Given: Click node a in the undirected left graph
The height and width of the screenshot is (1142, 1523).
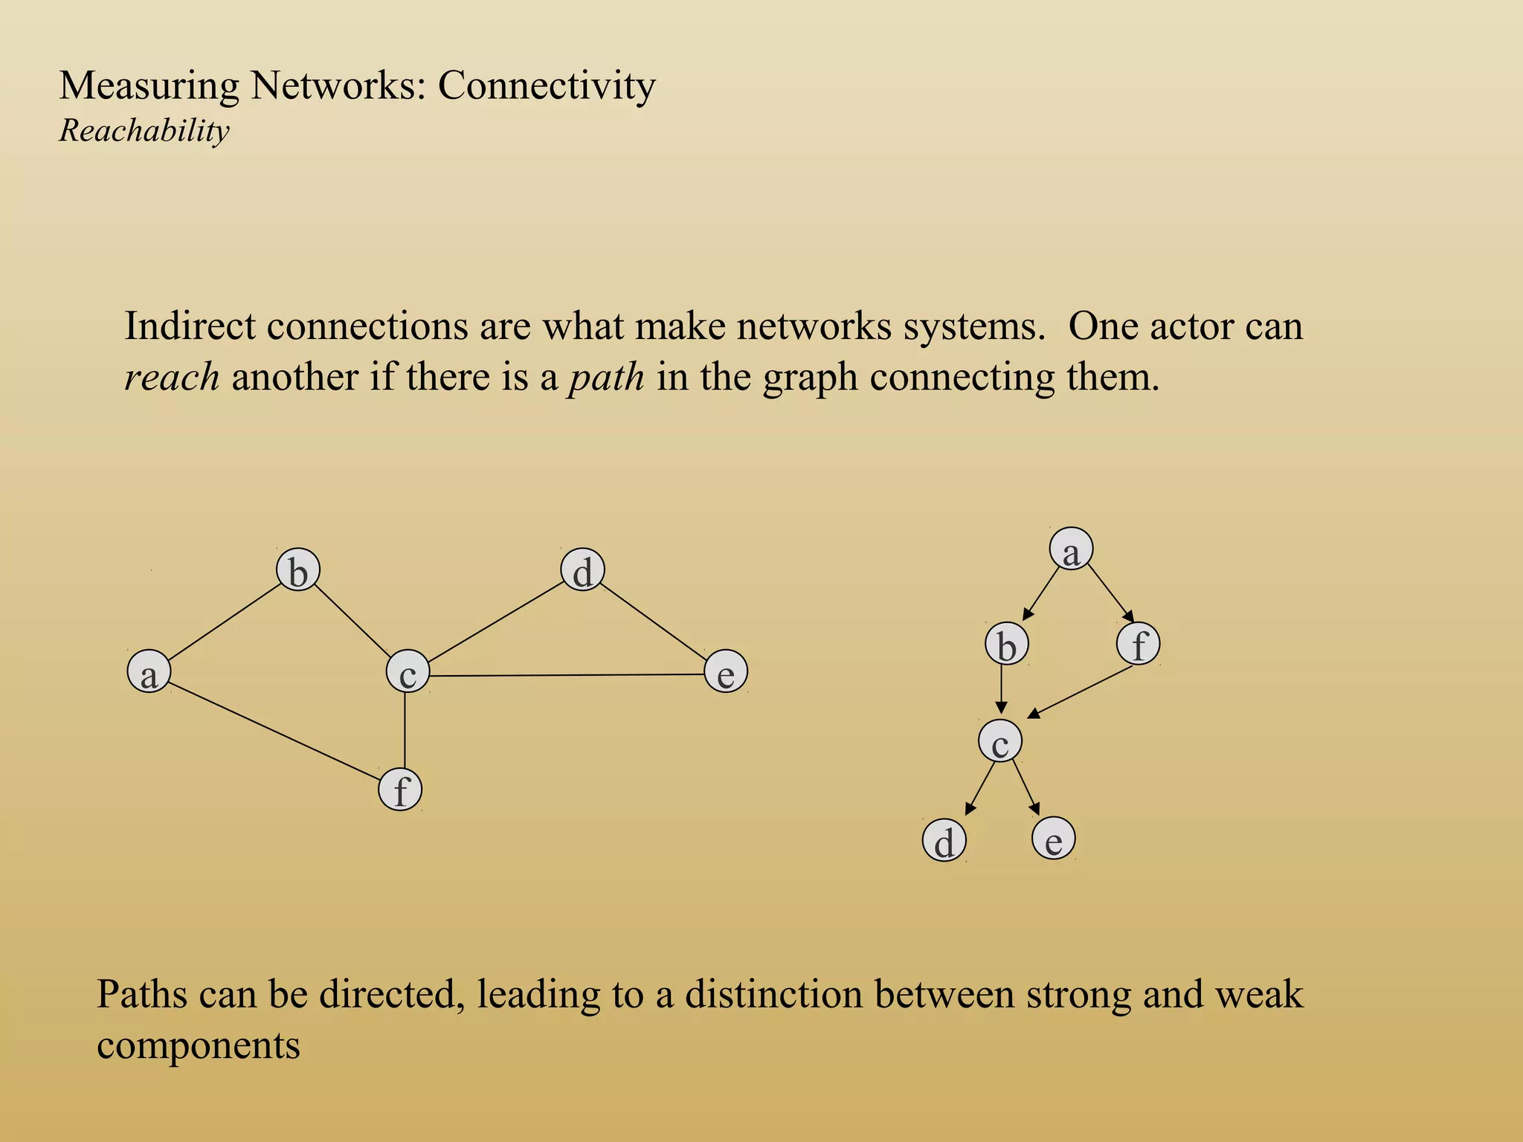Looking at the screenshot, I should coord(149,671).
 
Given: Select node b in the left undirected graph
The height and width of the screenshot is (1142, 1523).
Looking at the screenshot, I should coord(298,571).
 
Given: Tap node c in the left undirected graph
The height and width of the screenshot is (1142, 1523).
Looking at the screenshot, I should coord(408,671).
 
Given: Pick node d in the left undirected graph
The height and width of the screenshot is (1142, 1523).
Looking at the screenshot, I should coord(583,571).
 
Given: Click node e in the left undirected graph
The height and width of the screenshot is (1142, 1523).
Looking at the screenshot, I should coord(726,671).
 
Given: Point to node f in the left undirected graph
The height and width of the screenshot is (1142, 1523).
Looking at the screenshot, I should coord(401,789).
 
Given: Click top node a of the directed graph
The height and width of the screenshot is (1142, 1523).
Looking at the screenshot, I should coord(1071,549).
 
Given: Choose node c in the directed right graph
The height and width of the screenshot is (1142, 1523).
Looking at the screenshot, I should coord(1000,741).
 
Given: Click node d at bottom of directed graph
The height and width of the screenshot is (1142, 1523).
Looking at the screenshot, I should coord(944,841).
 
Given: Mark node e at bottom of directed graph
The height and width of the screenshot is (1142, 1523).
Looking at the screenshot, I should coord(1054,838).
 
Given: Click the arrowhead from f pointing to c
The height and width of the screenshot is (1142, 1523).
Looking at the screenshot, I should coord(1034,714).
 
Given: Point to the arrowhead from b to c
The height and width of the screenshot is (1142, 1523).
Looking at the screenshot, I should coord(1002,708).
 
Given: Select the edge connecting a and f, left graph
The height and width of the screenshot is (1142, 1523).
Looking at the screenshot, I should coord(275,732).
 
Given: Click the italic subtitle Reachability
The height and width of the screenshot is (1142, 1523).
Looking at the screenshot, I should coord(144,131).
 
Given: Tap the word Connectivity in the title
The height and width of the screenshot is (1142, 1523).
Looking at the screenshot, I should coord(547,86).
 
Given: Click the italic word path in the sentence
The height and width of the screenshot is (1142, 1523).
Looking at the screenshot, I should coord(606,377).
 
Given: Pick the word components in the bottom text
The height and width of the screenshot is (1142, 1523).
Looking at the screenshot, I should coord(199,1045).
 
